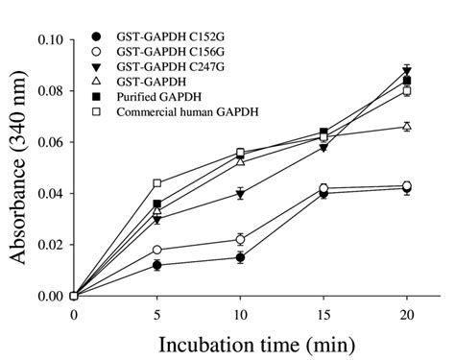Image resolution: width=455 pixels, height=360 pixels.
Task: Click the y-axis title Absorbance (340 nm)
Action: (x=19, y=168)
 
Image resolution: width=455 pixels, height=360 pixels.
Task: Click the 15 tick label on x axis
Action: (x=323, y=314)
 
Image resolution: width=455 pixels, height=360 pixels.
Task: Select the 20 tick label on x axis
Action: (x=407, y=314)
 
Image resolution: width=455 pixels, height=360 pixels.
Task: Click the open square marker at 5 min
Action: (x=157, y=183)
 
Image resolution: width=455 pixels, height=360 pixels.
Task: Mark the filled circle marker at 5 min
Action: (x=157, y=265)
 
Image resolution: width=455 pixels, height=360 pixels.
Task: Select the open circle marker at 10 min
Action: (x=241, y=239)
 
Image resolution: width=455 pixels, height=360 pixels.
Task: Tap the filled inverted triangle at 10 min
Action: (x=241, y=194)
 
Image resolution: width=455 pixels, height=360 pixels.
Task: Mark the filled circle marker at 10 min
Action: (x=241, y=257)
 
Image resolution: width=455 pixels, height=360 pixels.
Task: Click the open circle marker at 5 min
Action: (x=157, y=250)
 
